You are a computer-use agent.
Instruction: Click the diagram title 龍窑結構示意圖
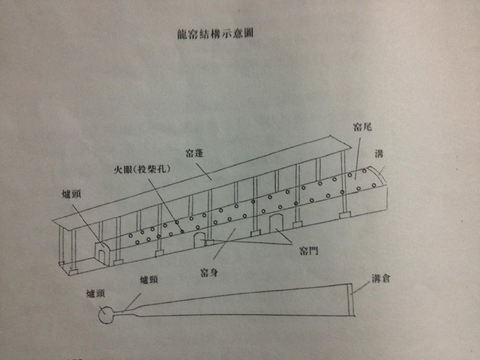215,33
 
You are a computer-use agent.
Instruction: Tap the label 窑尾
362,127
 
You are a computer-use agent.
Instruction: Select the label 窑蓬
194,153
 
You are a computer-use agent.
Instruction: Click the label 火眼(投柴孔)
142,169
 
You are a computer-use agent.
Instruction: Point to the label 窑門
309,251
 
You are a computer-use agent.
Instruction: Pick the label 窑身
209,272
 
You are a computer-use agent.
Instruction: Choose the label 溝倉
381,278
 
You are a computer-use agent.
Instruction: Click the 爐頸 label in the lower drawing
149,280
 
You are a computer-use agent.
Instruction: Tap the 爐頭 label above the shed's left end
71,194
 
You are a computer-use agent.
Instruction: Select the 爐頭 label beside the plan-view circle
96,294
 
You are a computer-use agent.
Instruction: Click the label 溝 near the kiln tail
379,153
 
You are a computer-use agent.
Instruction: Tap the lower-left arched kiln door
200,240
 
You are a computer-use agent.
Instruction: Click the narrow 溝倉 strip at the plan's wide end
351,299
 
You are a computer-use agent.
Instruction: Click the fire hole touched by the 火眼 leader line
182,232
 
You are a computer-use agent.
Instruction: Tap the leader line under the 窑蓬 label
204,172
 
